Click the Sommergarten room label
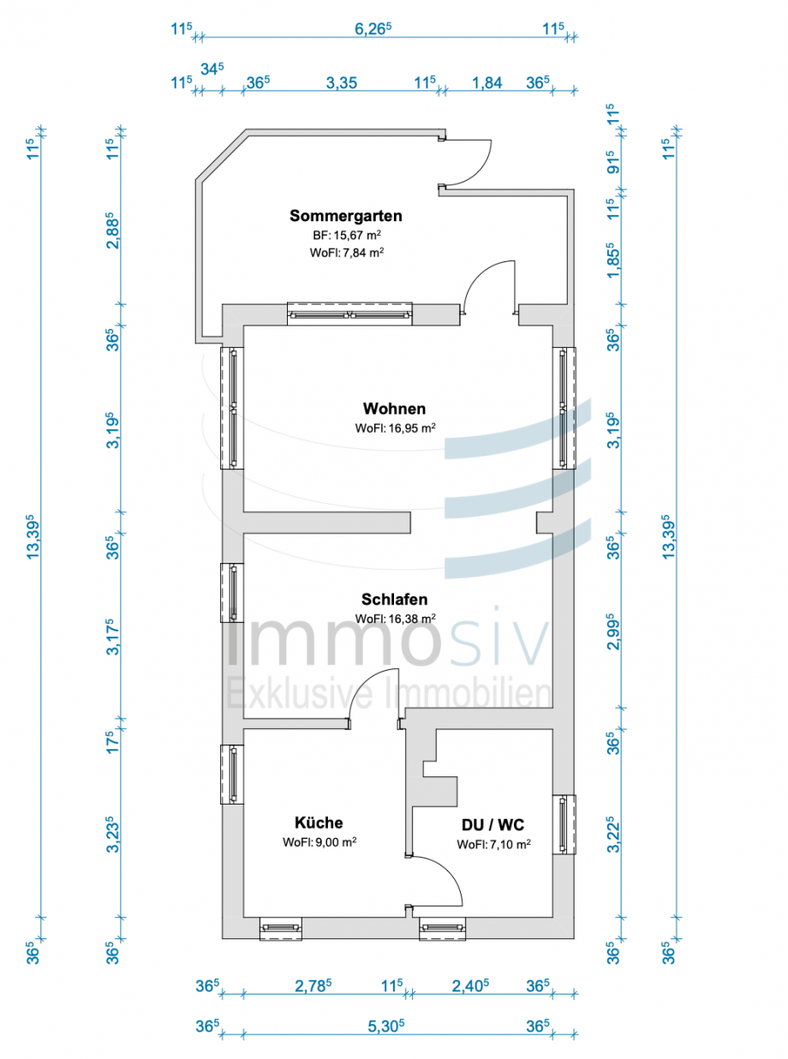345,216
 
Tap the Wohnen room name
394,409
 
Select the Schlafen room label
394,600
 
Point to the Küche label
319,823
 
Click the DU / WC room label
493,825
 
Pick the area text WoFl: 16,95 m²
396,428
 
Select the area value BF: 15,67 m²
346,235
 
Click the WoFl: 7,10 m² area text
493,844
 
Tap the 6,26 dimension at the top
373,27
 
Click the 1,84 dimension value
487,83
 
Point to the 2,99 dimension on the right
613,631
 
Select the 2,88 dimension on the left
110,232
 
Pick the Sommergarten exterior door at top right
467,163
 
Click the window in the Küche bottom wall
281,929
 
